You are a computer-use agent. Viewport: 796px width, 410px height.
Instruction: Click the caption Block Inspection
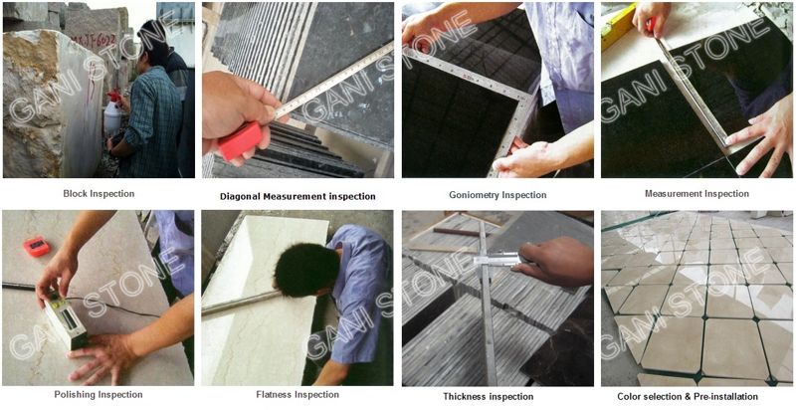[x=99, y=193]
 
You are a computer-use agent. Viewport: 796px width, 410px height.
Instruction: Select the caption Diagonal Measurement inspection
[x=298, y=196]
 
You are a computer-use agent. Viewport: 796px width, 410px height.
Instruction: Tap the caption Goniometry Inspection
[x=497, y=195]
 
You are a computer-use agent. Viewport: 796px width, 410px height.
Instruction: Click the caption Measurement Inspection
[x=696, y=193]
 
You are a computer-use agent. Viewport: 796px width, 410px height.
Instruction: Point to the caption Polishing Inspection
[x=99, y=394]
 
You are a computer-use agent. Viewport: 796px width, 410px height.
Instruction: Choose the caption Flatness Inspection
[x=298, y=394]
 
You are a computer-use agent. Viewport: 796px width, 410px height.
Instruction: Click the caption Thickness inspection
[x=488, y=396]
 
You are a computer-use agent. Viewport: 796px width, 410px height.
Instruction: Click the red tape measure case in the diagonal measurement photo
[x=241, y=140]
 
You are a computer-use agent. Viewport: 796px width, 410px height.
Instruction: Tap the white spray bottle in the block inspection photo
[x=111, y=116]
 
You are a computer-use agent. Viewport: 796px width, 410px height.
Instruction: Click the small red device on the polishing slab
[x=37, y=246]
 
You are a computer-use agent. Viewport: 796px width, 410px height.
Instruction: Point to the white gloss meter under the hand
[x=64, y=320]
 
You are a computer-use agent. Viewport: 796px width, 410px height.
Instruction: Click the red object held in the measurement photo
[x=652, y=23]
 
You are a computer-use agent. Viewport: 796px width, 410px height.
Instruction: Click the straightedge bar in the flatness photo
[x=241, y=304]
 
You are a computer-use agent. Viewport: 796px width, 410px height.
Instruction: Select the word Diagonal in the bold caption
[x=240, y=196]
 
